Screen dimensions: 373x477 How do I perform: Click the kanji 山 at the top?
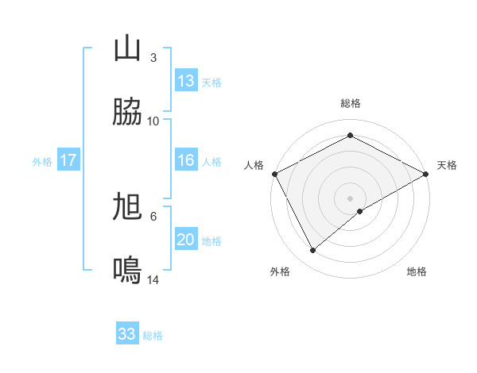pyautogui.click(x=127, y=49)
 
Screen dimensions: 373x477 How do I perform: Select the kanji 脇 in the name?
pyautogui.click(x=127, y=113)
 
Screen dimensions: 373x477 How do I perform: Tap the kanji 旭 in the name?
pyautogui.click(x=127, y=208)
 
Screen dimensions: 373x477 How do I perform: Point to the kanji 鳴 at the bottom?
pyautogui.click(x=127, y=271)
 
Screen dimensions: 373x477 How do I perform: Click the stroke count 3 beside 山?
pyautogui.click(x=153, y=58)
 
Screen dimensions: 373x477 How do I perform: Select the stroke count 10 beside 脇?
pyautogui.click(x=153, y=121)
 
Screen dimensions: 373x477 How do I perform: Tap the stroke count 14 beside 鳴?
pyautogui.click(x=153, y=280)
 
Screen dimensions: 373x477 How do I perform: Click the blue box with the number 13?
pyautogui.click(x=186, y=81)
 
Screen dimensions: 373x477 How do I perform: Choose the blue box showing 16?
pyautogui.click(x=186, y=160)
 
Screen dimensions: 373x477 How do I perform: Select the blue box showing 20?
pyautogui.click(x=186, y=240)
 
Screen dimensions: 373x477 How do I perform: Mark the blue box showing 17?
pyautogui.click(x=68, y=160)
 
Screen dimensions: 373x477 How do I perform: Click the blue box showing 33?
pyautogui.click(x=127, y=334)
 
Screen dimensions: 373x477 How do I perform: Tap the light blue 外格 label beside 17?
pyautogui.click(x=42, y=161)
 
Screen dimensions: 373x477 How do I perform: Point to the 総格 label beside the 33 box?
pyautogui.click(x=153, y=336)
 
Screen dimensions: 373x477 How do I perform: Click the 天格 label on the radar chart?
pyautogui.click(x=447, y=165)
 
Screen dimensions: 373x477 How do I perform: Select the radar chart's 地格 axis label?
pyautogui.click(x=417, y=271)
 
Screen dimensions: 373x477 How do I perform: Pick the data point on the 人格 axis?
pyautogui.click(x=274, y=174)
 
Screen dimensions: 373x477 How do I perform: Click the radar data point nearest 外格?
pyautogui.click(x=313, y=251)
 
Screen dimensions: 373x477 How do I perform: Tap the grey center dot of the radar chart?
pyautogui.click(x=351, y=198)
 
